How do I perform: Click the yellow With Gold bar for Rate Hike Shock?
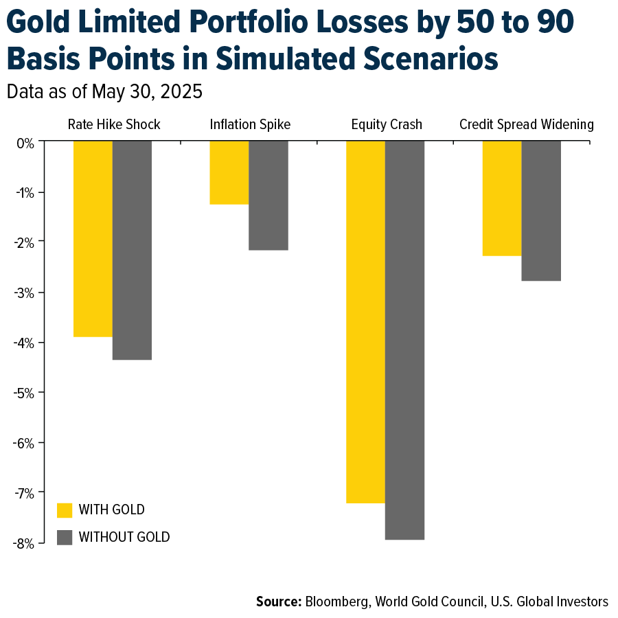[x=93, y=238]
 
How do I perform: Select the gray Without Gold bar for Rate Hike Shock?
[x=132, y=250]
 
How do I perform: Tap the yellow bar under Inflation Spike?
[x=229, y=172]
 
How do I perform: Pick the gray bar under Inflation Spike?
[x=268, y=196]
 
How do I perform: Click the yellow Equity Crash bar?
[x=365, y=321]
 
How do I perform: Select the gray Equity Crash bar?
[x=404, y=340]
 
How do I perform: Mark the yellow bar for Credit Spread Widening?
[x=502, y=198]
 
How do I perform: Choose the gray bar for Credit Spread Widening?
[x=541, y=211]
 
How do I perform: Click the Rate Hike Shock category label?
[x=114, y=124]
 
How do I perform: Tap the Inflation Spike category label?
[x=250, y=124]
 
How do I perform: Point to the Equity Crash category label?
[x=387, y=124]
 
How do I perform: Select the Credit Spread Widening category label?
[x=526, y=124]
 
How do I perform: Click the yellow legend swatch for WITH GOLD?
[x=65, y=510]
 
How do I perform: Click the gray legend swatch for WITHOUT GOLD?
[x=65, y=537]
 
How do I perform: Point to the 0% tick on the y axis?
[x=25, y=142]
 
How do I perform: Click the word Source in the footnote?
[x=278, y=602]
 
